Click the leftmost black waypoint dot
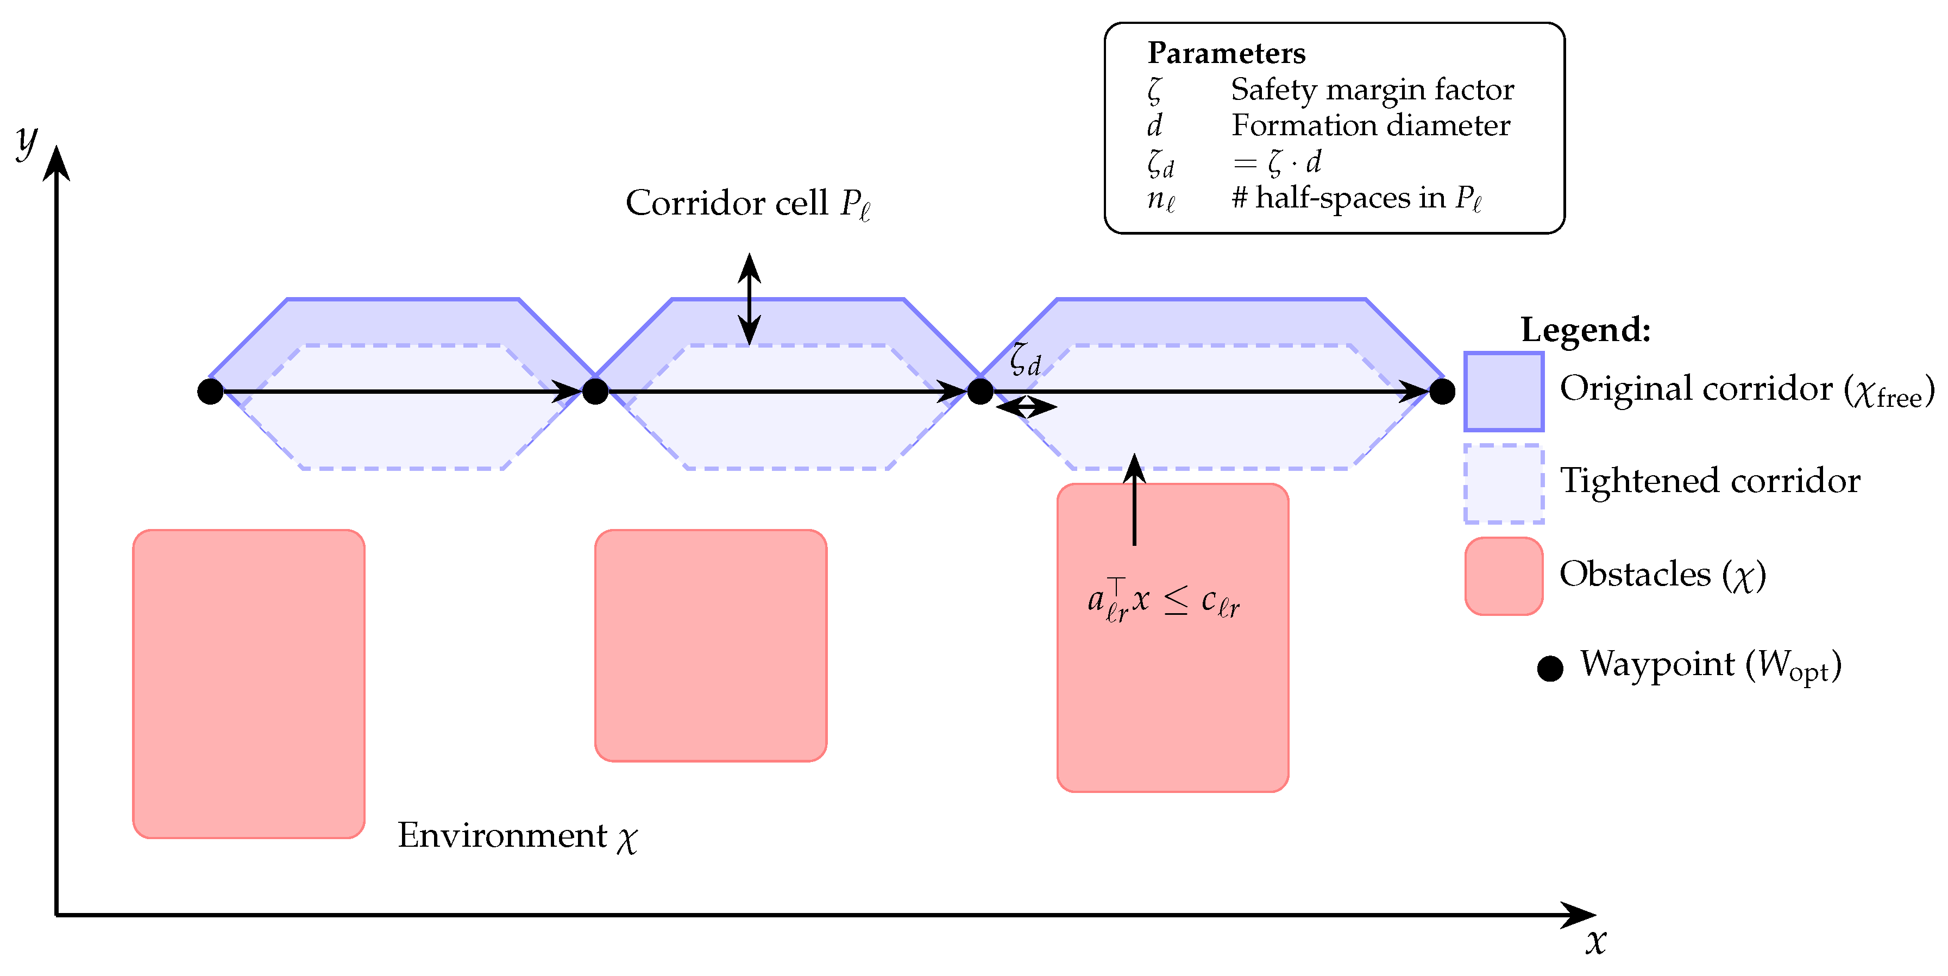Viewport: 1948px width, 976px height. [x=210, y=392]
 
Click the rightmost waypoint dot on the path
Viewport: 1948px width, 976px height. [x=1442, y=392]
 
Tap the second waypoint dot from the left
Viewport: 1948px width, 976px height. [x=595, y=392]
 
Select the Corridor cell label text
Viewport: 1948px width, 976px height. [x=747, y=203]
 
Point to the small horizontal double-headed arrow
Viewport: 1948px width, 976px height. [x=1026, y=407]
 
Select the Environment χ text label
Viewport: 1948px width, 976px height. [x=517, y=836]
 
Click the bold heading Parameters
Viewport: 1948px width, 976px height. [x=1226, y=53]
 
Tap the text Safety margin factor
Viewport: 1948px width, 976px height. [x=1372, y=89]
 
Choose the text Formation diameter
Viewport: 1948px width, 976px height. [x=1370, y=125]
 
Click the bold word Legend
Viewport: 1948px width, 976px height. [x=1585, y=330]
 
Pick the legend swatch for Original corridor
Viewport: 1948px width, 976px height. [x=1503, y=391]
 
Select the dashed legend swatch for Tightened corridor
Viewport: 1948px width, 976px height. [x=1503, y=483]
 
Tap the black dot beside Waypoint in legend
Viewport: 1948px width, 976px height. [x=1549, y=668]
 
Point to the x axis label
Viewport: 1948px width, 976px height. [x=1595, y=941]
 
